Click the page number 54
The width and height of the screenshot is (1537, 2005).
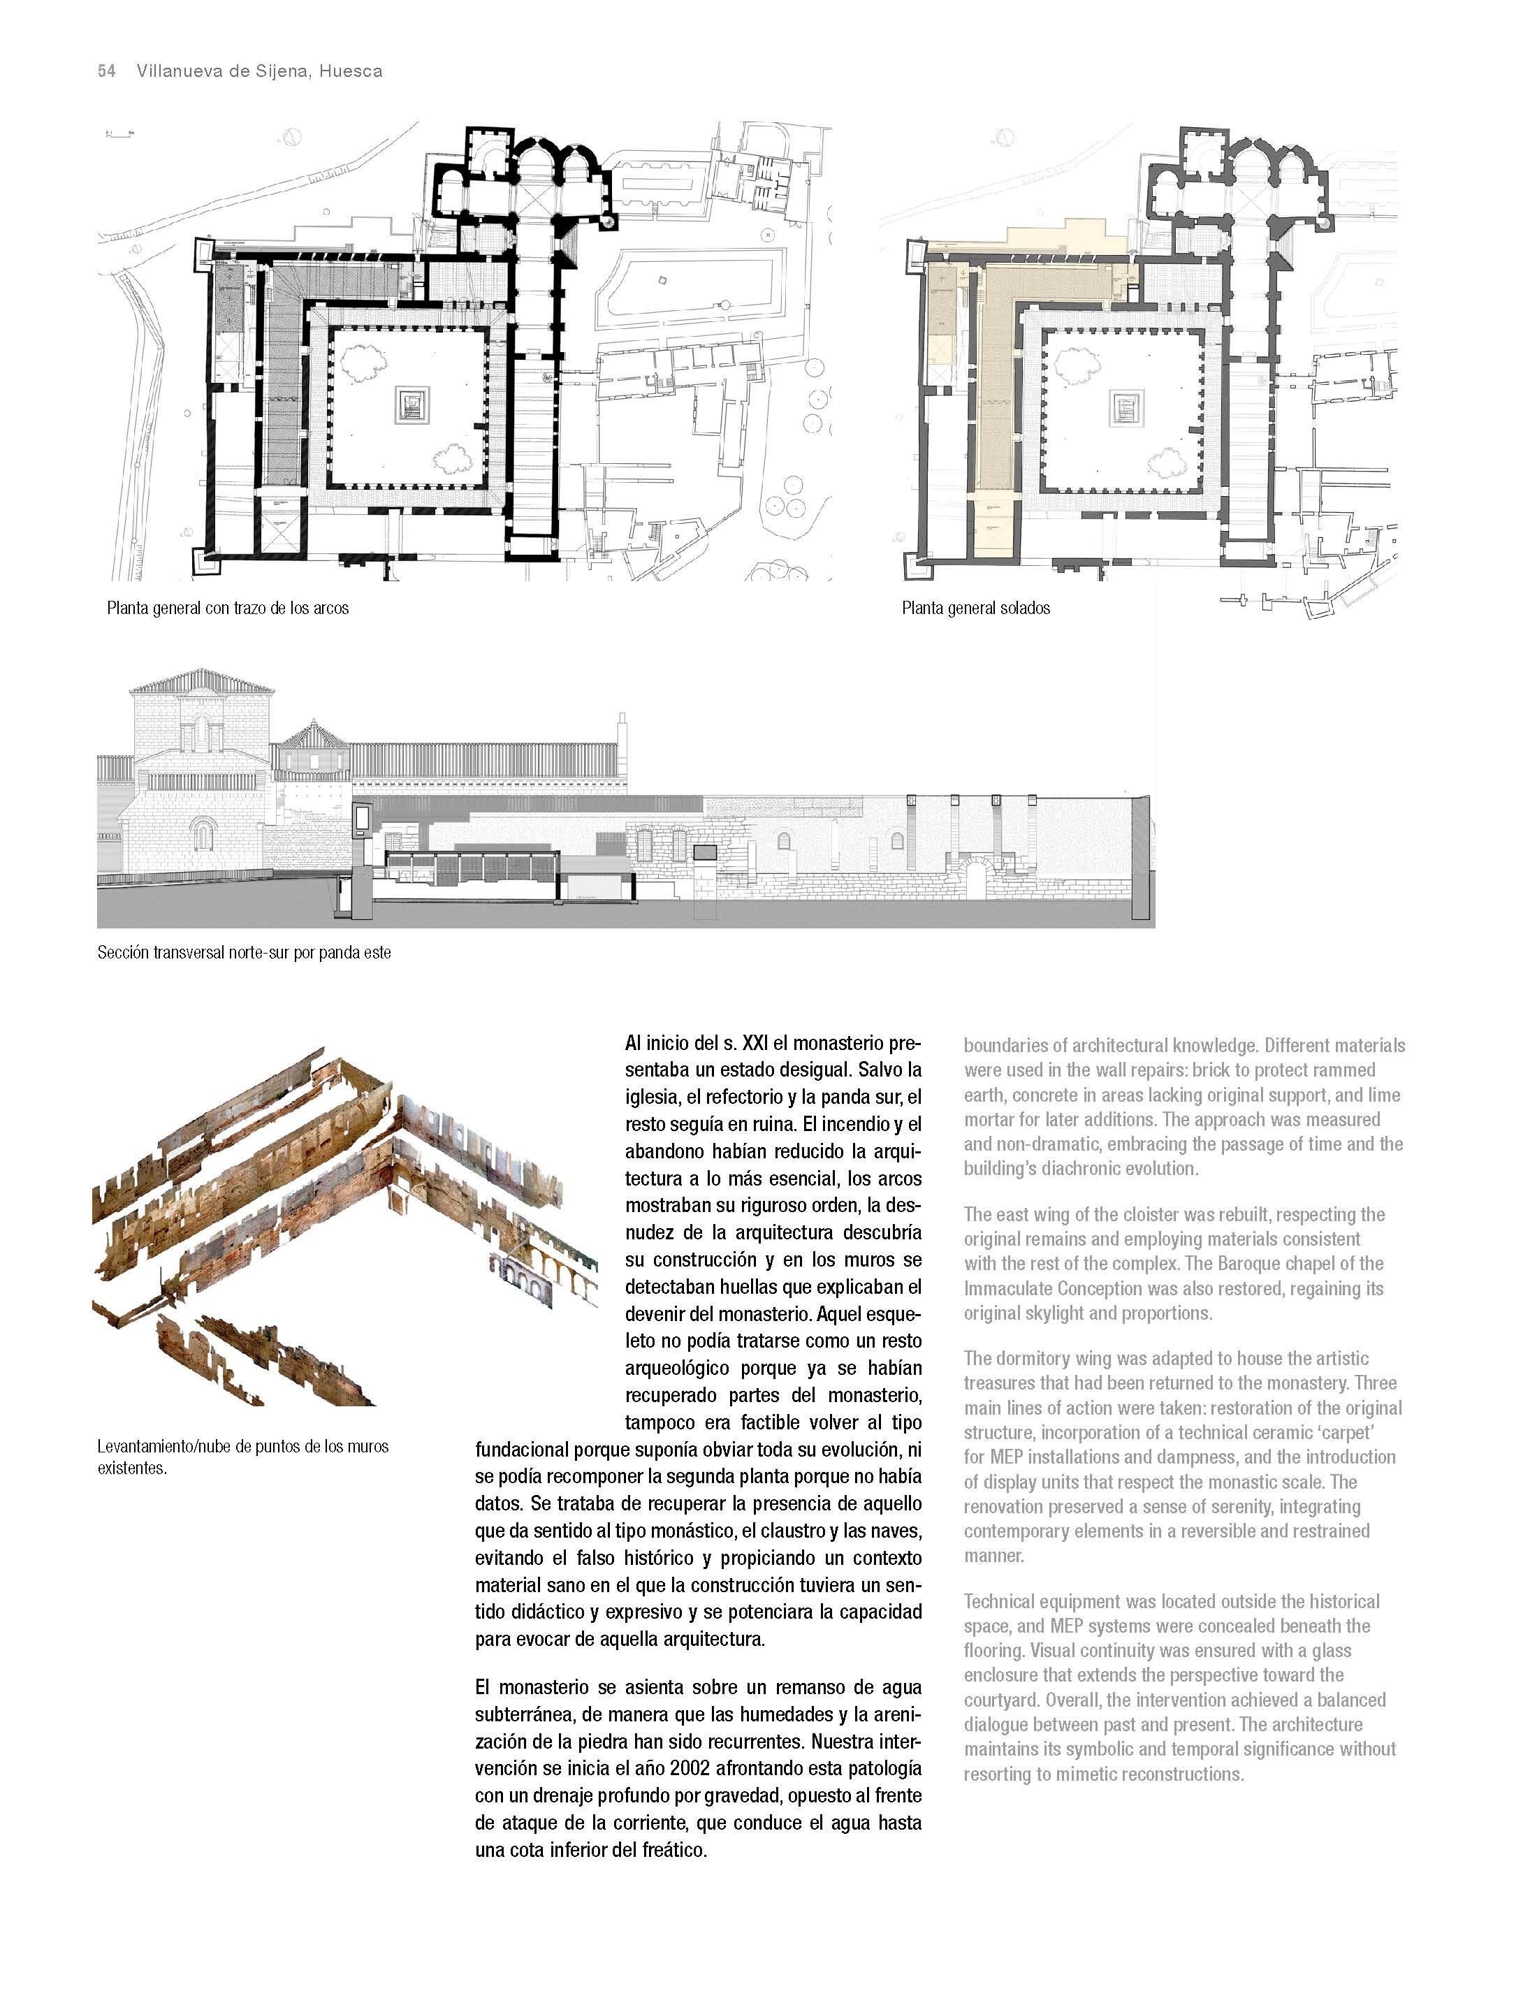click(x=106, y=71)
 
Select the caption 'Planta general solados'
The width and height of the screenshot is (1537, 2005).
click(x=975, y=608)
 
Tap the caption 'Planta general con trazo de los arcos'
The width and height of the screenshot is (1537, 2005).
click(x=228, y=608)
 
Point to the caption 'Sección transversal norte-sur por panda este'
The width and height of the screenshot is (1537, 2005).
click(x=245, y=953)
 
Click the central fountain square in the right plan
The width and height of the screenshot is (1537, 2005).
click(x=1126, y=404)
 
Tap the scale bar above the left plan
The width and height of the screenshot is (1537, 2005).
click(x=119, y=133)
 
